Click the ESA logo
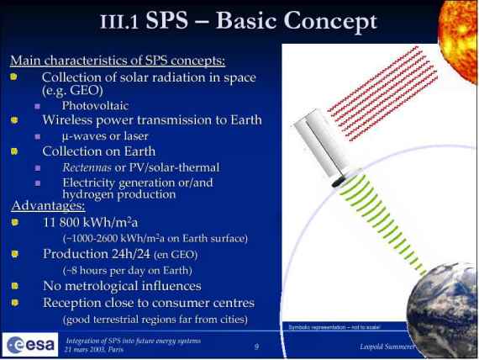30,345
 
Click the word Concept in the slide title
330,21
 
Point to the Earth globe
443,310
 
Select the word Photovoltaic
95,106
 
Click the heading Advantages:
48,205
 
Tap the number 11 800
61,222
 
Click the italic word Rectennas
87,167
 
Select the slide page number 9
256,347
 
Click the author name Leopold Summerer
387,347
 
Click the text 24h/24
131,254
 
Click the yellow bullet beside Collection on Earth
14,151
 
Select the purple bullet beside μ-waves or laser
38,137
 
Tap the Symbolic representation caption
334,327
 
